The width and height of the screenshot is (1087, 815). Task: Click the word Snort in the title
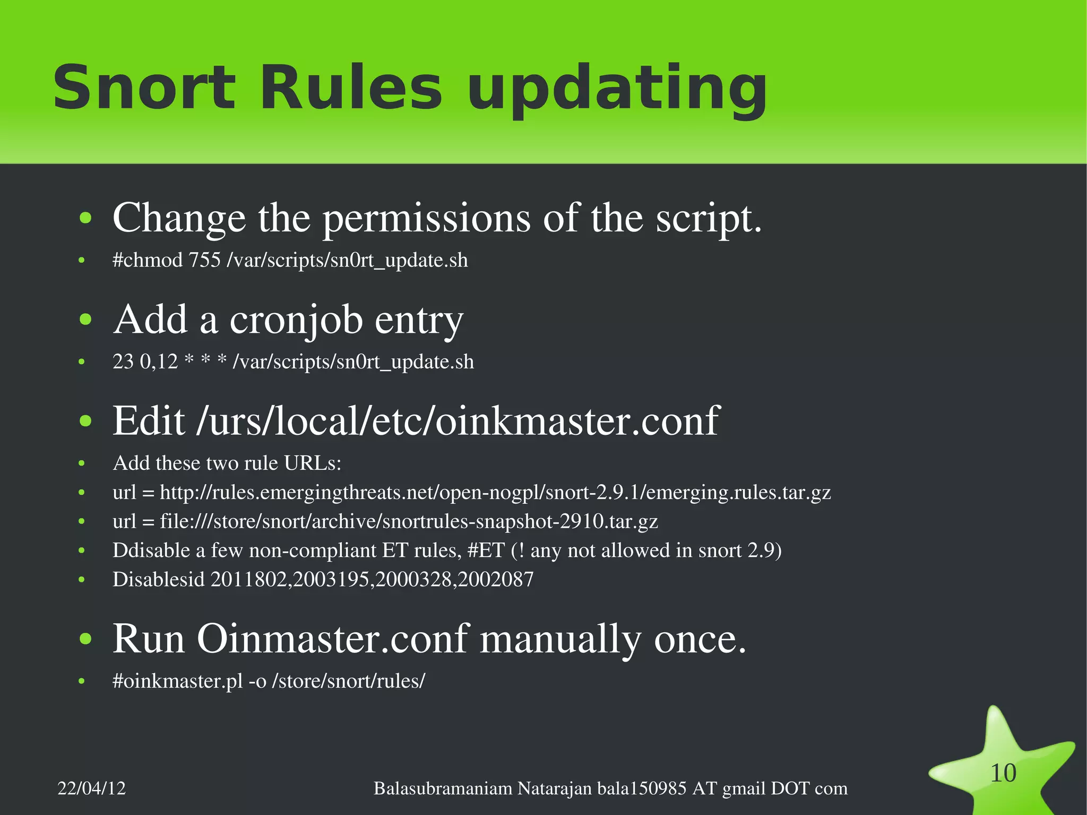point(143,88)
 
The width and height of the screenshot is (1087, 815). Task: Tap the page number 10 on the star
point(1003,773)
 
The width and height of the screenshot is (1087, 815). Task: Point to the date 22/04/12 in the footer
point(92,788)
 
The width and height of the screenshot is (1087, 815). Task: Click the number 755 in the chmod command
point(204,260)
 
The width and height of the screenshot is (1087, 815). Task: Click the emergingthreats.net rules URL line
point(471,493)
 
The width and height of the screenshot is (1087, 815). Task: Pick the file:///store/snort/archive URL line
point(385,521)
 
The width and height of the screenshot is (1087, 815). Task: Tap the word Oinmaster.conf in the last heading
point(333,639)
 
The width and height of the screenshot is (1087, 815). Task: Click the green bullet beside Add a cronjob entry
point(85,320)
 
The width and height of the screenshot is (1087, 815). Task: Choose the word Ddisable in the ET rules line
point(151,551)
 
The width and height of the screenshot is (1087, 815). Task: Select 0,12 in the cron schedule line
point(159,362)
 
